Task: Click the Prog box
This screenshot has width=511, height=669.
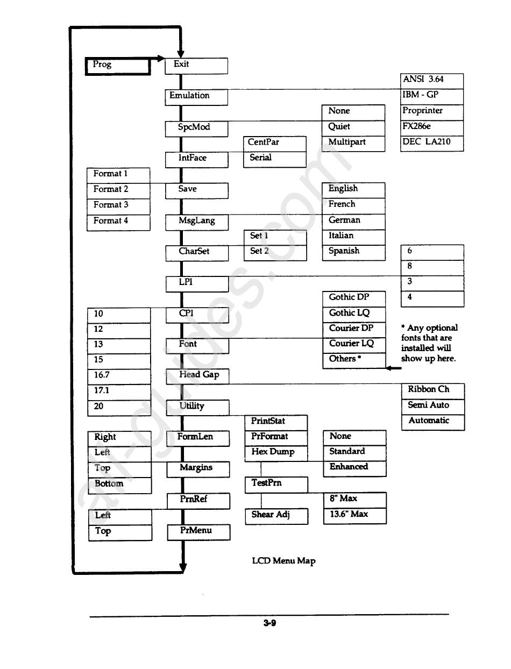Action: [118, 66]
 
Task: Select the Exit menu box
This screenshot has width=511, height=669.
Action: [196, 65]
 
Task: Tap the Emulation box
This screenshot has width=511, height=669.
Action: [196, 97]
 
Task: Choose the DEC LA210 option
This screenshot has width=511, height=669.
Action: [432, 143]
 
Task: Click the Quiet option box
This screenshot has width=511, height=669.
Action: [353, 127]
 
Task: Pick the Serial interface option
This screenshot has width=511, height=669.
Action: [274, 159]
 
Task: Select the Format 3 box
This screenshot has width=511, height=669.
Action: [118, 206]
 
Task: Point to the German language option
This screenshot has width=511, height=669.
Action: [353, 221]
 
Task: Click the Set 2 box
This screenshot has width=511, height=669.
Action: [275, 252]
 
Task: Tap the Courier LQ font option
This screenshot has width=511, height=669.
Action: [354, 344]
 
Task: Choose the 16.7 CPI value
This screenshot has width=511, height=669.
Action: [119, 376]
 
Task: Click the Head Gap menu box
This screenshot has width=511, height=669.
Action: [197, 376]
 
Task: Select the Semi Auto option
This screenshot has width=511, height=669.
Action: [432, 406]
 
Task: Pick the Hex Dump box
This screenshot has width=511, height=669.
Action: [276, 453]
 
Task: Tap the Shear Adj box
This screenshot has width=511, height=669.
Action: [276, 515]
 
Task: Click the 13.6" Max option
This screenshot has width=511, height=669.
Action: [354, 515]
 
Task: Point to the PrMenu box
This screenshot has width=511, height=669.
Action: [198, 531]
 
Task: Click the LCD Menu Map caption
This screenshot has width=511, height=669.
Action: [283, 561]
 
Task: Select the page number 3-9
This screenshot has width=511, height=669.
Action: [269, 623]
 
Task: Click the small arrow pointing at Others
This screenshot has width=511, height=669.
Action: [394, 368]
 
